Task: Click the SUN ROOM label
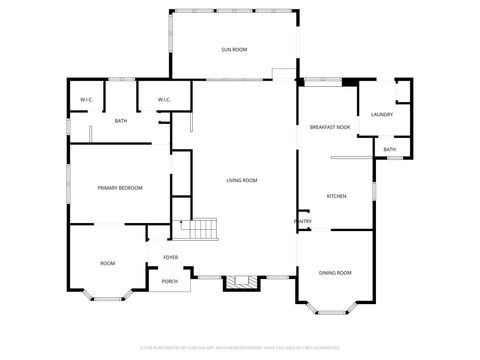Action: point(234,49)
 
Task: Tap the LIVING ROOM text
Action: point(242,180)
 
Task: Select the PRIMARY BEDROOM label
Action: point(119,188)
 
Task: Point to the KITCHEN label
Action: point(337,196)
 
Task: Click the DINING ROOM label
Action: point(335,272)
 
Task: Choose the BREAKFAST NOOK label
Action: point(329,127)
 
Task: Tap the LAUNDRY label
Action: point(381,114)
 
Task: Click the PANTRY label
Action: point(302,221)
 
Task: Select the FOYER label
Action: point(171,257)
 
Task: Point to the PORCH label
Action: point(170,281)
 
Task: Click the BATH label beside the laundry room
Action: point(389,149)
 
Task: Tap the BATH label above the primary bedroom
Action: point(120,121)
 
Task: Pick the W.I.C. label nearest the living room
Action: point(165,99)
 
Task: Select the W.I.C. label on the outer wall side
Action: point(87,99)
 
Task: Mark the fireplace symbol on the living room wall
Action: point(237,282)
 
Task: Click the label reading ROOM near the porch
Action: point(107,263)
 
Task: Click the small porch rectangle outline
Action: point(170,282)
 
